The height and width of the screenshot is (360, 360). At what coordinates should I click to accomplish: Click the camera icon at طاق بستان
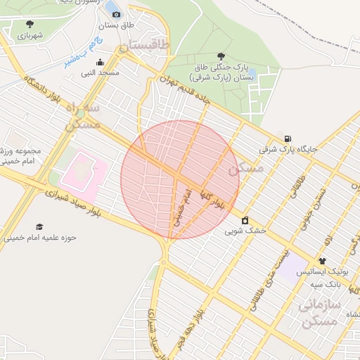click(x=116, y=14)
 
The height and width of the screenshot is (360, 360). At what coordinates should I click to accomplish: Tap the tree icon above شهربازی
click(x=29, y=25)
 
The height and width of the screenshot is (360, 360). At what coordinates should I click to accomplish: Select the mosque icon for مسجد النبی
click(x=101, y=62)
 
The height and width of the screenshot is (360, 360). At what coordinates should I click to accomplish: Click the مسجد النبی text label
click(x=100, y=72)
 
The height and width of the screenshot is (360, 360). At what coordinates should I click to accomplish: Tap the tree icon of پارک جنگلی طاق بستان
click(x=222, y=56)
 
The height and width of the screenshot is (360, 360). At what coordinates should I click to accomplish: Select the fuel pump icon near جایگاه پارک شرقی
click(x=288, y=138)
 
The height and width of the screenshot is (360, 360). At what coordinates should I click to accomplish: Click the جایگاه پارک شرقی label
click(x=288, y=149)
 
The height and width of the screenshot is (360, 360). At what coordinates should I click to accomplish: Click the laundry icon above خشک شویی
click(x=245, y=220)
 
